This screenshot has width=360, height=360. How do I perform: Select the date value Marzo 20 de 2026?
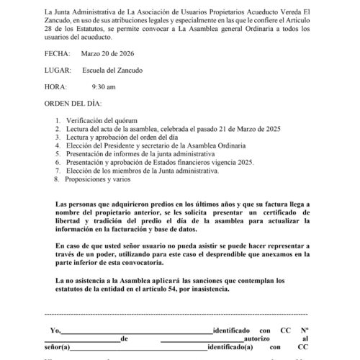tap(119, 53)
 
